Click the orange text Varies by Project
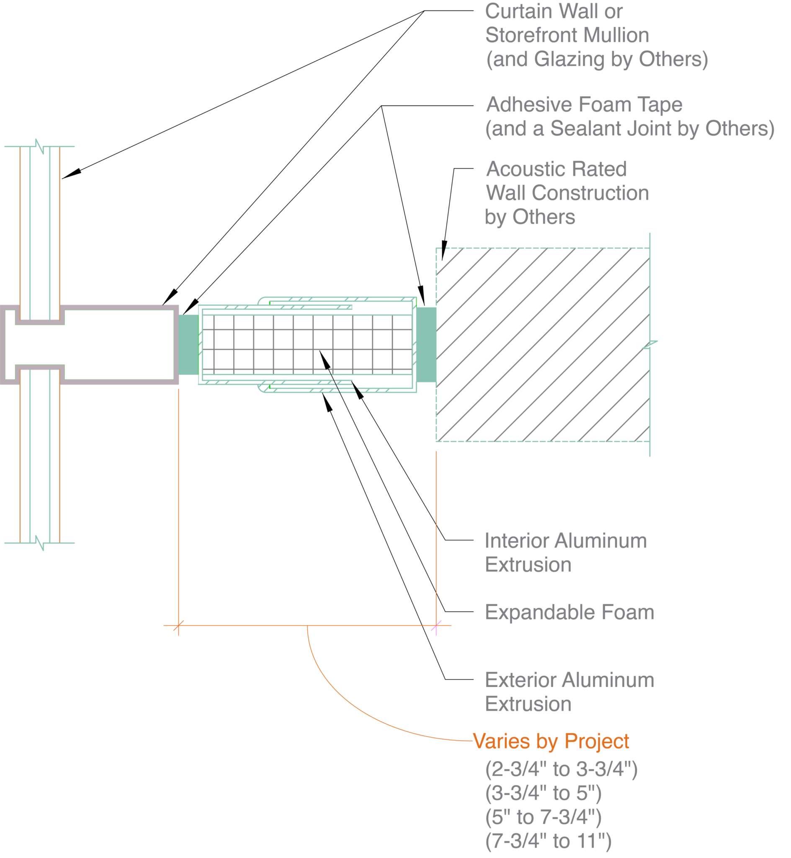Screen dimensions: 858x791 coord(551,741)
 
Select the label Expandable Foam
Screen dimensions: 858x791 coord(569,612)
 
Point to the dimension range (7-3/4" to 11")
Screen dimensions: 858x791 coord(548,841)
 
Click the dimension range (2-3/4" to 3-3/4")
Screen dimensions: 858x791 coord(561,769)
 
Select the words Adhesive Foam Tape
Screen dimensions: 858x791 coord(584,105)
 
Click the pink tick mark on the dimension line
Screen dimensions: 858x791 coord(436,627)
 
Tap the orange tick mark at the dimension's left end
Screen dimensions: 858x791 coord(178,626)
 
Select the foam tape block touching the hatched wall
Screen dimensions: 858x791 coord(426,345)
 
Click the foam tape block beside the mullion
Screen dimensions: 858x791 coord(189,345)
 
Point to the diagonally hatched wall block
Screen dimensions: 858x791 coord(543,345)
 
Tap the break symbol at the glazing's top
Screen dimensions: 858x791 coord(40,146)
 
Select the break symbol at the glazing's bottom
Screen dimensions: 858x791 coord(40,543)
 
